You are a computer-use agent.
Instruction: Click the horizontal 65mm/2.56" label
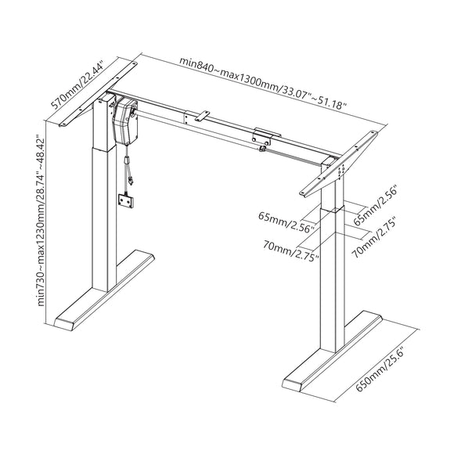[x=287, y=229]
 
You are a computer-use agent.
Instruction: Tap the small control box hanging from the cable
[x=124, y=200]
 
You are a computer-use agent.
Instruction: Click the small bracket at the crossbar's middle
[x=201, y=117]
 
